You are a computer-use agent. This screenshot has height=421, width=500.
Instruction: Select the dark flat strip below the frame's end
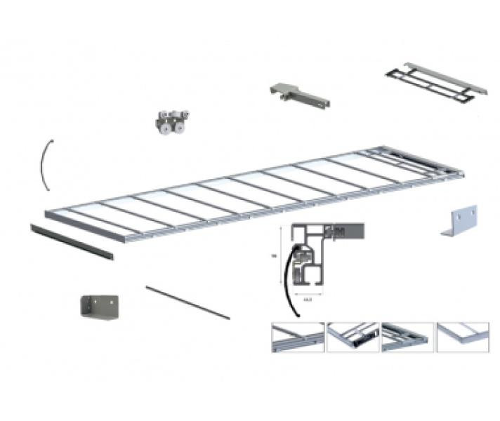click(x=71, y=239)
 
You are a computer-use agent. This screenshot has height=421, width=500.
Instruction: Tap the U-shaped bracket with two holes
click(x=99, y=306)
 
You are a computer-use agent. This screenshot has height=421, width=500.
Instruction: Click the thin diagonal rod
click(x=187, y=302)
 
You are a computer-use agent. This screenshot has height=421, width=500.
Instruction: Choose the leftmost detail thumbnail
click(x=297, y=338)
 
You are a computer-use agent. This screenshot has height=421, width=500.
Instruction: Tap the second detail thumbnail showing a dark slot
click(x=353, y=338)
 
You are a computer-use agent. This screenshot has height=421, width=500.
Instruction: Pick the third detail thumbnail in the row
click(x=407, y=338)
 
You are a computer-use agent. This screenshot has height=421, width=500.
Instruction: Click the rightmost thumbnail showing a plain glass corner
click(x=462, y=338)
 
